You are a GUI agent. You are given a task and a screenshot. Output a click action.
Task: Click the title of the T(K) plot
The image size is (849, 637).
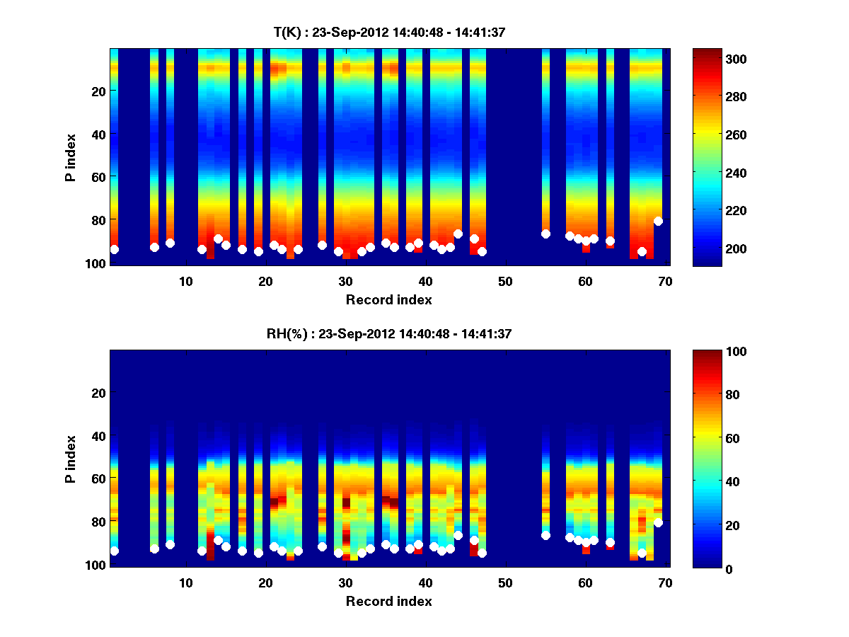point(389,32)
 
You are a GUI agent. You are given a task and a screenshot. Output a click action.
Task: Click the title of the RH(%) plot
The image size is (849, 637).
point(389,333)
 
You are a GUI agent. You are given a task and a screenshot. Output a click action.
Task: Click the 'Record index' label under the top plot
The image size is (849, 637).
point(389,299)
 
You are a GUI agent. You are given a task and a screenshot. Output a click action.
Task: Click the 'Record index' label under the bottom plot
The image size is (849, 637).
point(389,601)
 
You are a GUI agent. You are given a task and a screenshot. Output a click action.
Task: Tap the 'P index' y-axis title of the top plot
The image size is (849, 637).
point(70,157)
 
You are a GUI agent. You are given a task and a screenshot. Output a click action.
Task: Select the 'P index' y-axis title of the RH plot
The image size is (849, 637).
point(70,459)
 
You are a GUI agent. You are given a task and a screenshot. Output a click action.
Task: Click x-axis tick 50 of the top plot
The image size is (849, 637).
point(505,281)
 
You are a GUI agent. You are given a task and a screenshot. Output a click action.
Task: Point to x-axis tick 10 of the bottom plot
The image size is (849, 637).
point(185,583)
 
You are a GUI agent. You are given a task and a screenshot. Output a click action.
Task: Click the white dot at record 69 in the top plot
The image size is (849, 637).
point(658,221)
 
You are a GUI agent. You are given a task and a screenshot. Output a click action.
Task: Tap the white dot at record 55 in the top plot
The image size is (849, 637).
point(545,234)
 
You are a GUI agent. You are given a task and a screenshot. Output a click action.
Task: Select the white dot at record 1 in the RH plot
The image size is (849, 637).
point(114,551)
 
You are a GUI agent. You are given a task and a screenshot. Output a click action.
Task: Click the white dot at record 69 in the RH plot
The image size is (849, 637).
point(658,522)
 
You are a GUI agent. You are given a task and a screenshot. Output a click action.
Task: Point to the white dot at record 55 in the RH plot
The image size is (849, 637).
point(545,535)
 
